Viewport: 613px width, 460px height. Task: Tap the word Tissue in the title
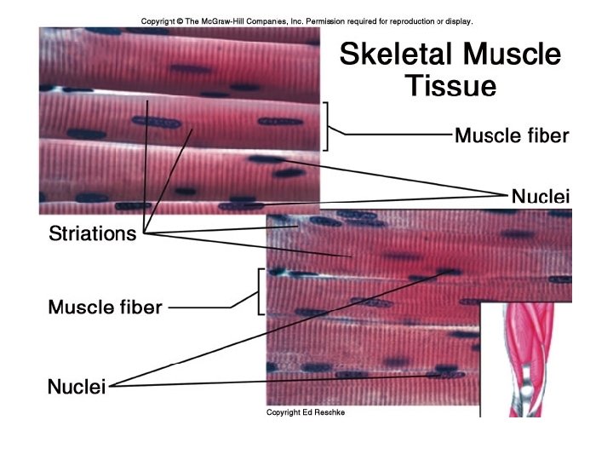(450, 86)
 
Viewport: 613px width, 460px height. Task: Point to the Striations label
(92, 233)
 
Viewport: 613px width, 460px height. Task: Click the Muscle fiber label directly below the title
(511, 135)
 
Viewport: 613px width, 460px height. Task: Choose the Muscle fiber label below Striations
(105, 307)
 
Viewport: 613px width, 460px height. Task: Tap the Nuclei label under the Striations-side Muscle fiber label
(77, 388)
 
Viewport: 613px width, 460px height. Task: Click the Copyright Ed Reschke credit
(306, 412)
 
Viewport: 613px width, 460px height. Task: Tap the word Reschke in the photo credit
(330, 412)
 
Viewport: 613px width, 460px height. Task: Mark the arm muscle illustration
(528, 358)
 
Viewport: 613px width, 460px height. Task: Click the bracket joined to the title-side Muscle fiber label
(326, 126)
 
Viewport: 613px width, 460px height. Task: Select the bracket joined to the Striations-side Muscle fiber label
(258, 292)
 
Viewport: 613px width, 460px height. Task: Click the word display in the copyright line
(458, 21)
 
